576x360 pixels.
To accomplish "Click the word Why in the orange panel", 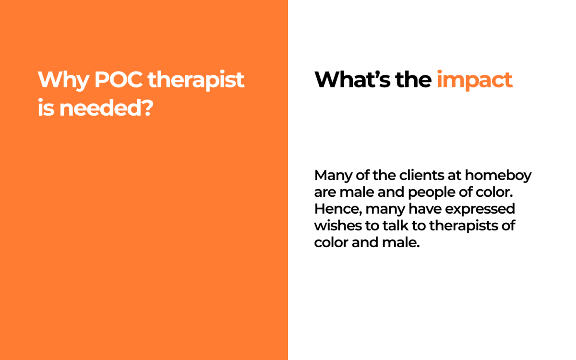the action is (x=63, y=80).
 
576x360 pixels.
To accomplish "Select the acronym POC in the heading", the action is (x=119, y=80).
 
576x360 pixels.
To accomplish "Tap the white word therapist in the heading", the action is (x=196, y=80).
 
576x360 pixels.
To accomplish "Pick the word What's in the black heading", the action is (x=352, y=80).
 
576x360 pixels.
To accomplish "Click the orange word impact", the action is (x=475, y=80).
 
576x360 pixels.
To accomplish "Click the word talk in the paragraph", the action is (x=396, y=226).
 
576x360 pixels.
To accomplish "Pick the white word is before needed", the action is (x=46, y=108).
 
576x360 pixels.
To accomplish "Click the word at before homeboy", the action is (x=455, y=176).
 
